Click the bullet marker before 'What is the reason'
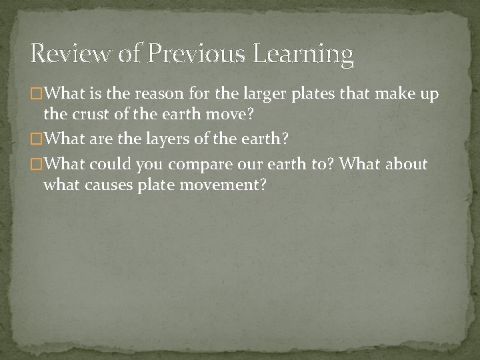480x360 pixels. point(37,95)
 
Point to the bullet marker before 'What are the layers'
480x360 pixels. point(37,139)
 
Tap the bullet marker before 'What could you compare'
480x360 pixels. point(37,164)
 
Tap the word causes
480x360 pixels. point(110,184)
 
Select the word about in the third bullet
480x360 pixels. point(405,164)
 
